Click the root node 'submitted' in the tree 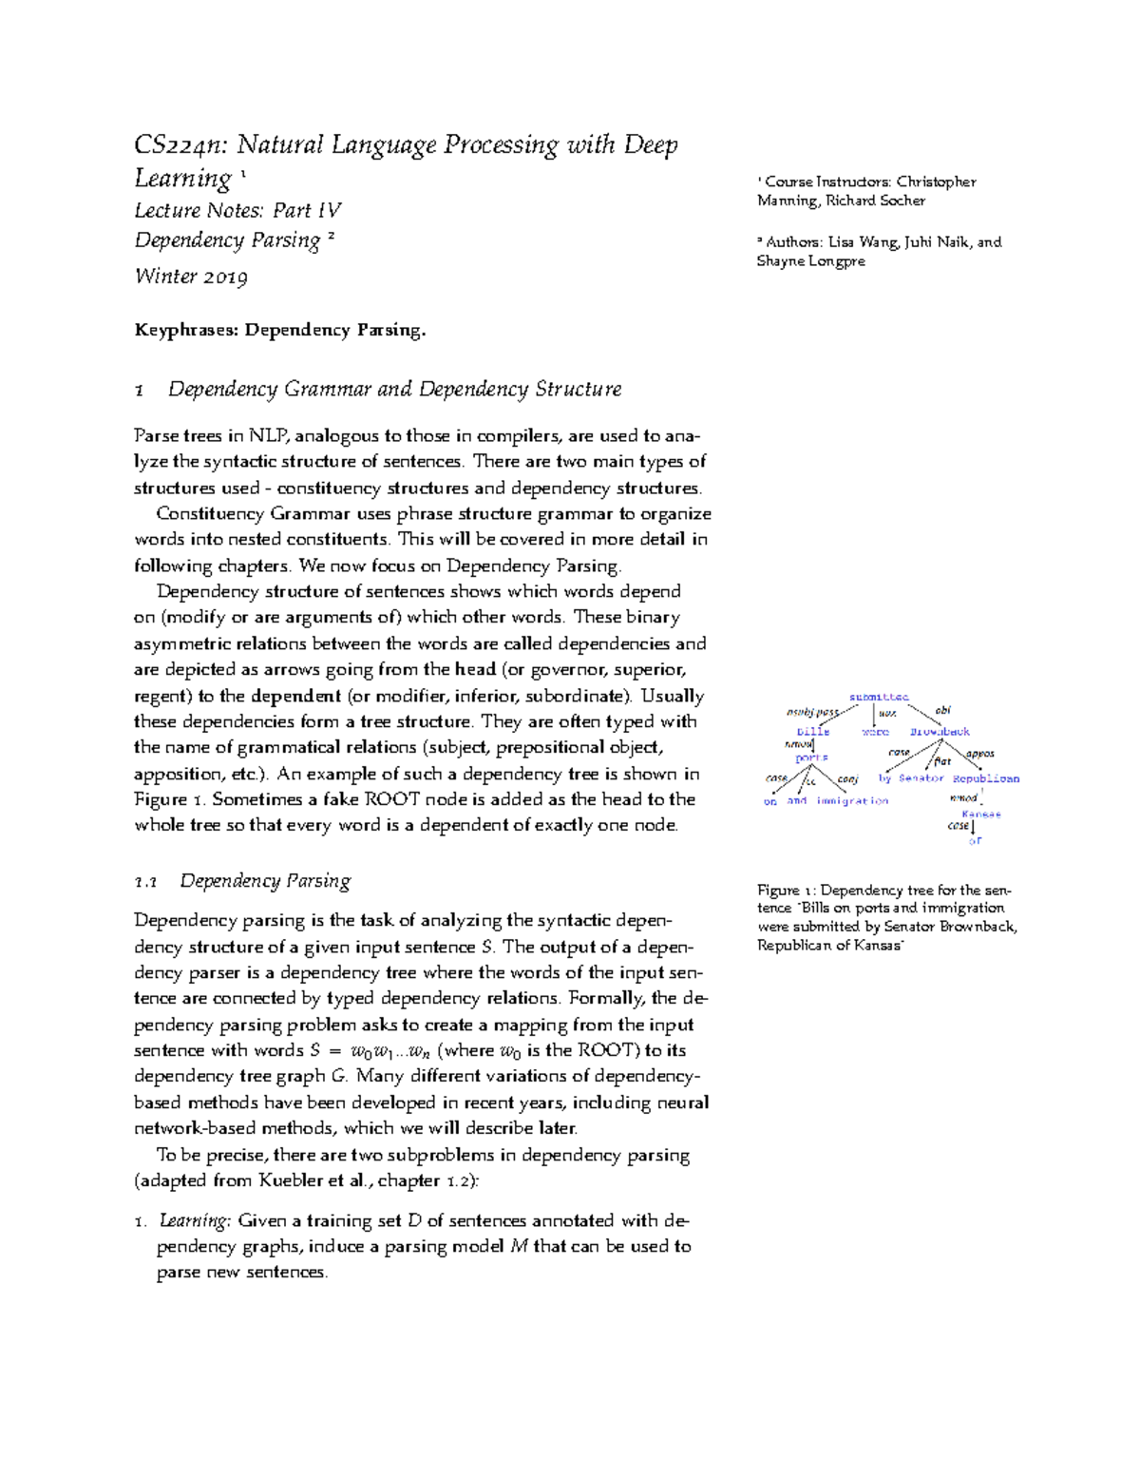(x=878, y=697)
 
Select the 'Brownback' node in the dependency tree (x=940, y=732)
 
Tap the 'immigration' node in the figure (x=852, y=801)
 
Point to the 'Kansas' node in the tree (x=980, y=815)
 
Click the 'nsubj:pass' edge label (x=812, y=712)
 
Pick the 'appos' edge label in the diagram (x=979, y=754)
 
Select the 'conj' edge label (x=847, y=779)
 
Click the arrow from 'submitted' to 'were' (x=874, y=714)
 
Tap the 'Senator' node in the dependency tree (x=921, y=778)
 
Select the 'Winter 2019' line (x=191, y=277)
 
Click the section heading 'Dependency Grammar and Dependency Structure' (x=394, y=390)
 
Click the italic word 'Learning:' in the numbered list (x=195, y=1220)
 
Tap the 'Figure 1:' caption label (x=786, y=891)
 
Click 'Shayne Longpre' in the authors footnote (x=810, y=261)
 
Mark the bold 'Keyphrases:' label (x=186, y=331)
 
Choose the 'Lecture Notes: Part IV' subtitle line (x=237, y=210)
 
